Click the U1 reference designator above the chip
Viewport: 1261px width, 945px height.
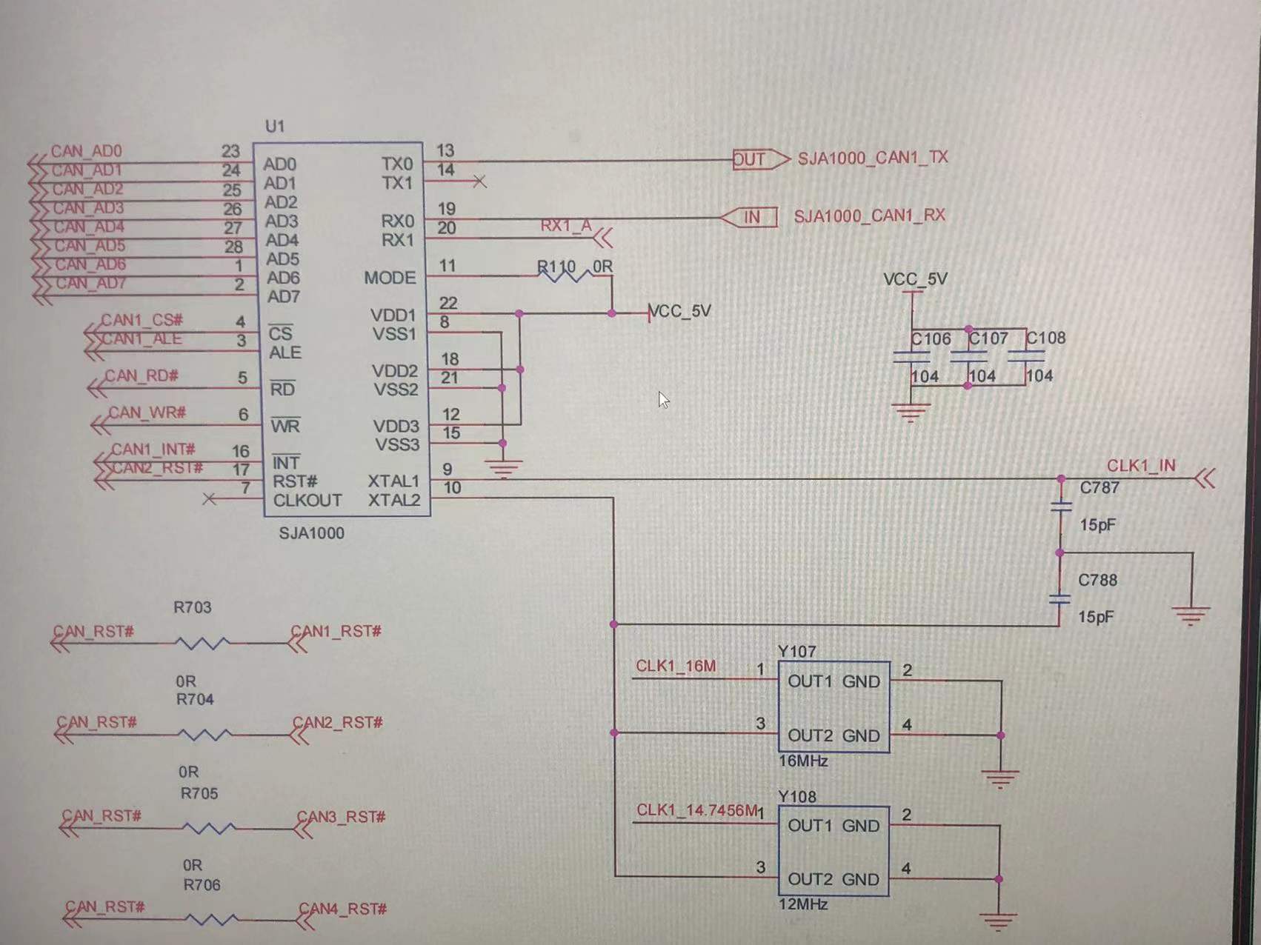pyautogui.click(x=275, y=126)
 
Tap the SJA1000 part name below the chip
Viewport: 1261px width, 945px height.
pyautogui.click(x=311, y=533)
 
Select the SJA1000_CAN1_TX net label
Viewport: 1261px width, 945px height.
pyautogui.click(x=872, y=158)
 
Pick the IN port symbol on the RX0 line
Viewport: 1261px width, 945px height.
pyautogui.click(x=750, y=217)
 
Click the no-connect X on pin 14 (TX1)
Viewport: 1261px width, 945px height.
pyautogui.click(x=479, y=181)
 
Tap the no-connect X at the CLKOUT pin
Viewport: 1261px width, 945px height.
pyautogui.click(x=210, y=500)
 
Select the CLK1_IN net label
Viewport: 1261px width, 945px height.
pyautogui.click(x=1140, y=466)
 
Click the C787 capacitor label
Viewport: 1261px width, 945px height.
pyautogui.click(x=1099, y=488)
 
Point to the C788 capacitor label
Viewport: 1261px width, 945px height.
pyautogui.click(x=1097, y=580)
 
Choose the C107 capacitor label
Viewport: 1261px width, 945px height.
pyautogui.click(x=988, y=338)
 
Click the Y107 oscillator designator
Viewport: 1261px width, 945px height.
pyautogui.click(x=796, y=652)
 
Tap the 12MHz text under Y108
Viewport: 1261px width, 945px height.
pyautogui.click(x=803, y=904)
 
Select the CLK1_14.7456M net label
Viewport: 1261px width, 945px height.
pyautogui.click(x=696, y=810)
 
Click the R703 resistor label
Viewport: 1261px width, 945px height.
pyautogui.click(x=193, y=607)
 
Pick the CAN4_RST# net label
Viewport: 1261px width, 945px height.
pyautogui.click(x=342, y=909)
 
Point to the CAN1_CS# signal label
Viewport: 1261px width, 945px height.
pyautogui.click(x=142, y=320)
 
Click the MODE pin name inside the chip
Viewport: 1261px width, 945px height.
pyautogui.click(x=390, y=278)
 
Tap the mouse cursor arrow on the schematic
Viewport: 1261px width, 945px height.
pyautogui.click(x=662, y=400)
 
